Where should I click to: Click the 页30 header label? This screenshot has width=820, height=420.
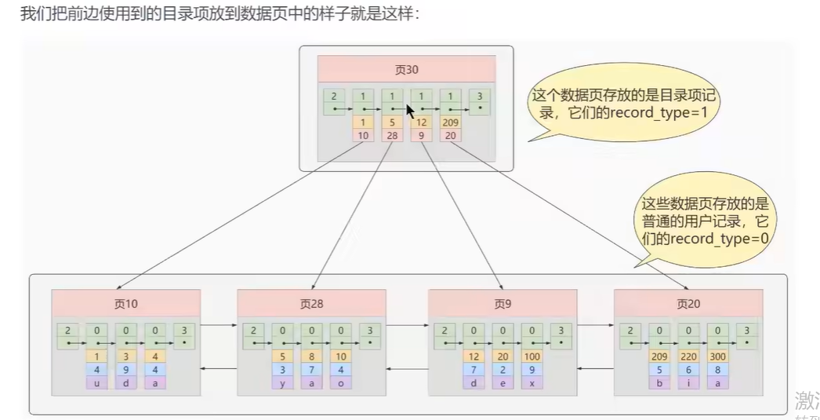tap(406, 69)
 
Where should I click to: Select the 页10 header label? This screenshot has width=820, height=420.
tap(125, 304)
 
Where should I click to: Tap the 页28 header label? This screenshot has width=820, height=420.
tap(311, 304)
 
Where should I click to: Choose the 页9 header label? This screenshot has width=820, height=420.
tap(502, 304)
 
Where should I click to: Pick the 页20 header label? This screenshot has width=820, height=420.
tap(688, 304)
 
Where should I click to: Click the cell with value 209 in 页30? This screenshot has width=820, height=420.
tap(450, 123)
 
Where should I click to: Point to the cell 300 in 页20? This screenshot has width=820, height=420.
tap(717, 356)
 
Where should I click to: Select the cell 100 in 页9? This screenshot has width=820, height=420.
tap(532, 356)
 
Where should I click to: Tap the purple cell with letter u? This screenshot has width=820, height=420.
tap(96, 383)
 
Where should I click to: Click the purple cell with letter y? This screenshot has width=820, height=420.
tap(281, 383)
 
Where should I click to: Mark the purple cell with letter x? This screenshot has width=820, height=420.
tap(532, 383)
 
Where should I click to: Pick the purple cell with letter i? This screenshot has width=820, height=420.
tap(688, 383)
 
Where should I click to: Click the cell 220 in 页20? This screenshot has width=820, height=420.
tap(688, 356)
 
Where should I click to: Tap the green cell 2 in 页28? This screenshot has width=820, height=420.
tap(253, 336)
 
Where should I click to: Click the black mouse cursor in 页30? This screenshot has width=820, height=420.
tap(410, 110)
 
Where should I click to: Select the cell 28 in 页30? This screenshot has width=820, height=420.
tap(392, 136)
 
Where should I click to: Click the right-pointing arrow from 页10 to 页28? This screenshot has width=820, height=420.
tap(219, 323)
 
